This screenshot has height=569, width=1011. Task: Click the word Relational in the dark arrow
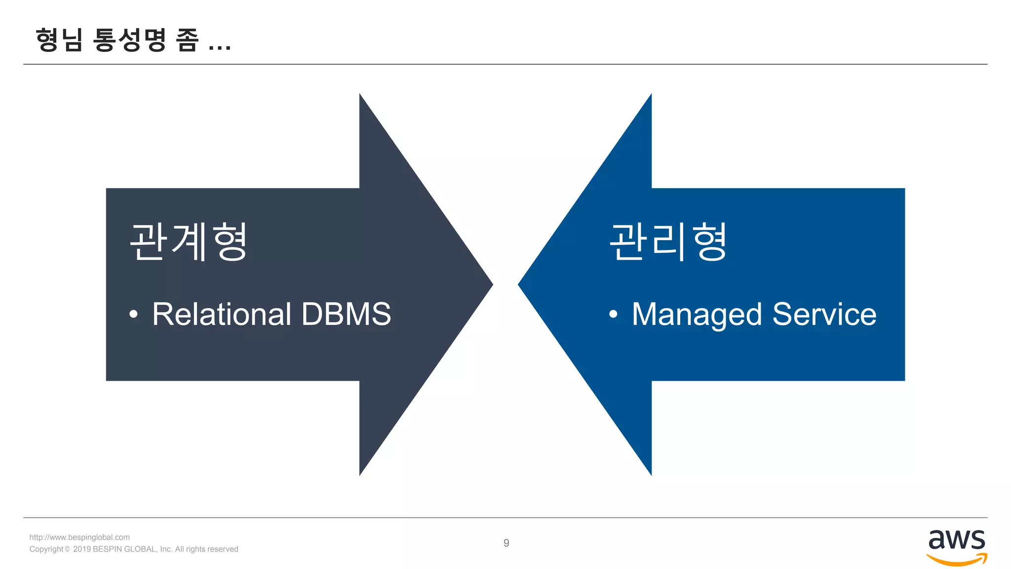pos(222,314)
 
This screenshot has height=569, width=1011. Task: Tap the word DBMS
pos(346,314)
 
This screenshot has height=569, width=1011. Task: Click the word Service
pos(824,314)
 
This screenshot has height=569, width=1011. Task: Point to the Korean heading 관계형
pos(188,242)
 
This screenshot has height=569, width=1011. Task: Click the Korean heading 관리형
pos(668,242)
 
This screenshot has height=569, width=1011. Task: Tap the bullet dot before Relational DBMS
pos(133,314)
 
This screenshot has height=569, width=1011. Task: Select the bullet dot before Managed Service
pos(613,314)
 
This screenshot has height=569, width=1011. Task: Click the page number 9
pos(506,543)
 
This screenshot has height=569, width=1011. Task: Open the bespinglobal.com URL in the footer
pos(79,537)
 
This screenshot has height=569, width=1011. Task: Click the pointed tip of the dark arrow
pos(491,284)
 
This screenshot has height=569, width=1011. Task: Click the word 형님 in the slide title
pos(59,40)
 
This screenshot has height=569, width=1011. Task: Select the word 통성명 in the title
pos(129,40)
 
